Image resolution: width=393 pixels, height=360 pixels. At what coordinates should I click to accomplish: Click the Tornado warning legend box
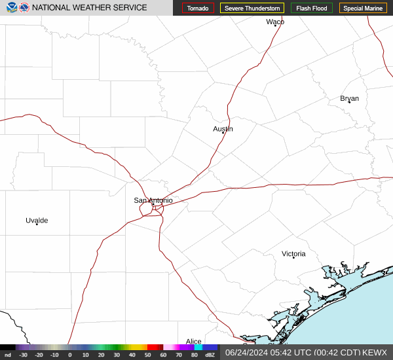(x=198, y=9)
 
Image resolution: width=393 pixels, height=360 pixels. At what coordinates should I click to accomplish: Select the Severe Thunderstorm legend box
(x=252, y=9)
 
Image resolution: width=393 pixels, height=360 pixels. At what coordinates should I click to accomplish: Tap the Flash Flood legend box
(x=311, y=9)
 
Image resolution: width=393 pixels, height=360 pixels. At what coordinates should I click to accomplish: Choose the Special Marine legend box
(x=363, y=9)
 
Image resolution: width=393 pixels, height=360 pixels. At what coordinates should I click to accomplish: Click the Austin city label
(x=223, y=129)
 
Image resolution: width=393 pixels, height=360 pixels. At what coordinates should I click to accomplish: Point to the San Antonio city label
(x=153, y=200)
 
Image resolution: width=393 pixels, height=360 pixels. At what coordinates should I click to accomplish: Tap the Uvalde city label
(x=37, y=221)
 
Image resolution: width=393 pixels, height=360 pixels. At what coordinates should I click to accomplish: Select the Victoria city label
(x=293, y=253)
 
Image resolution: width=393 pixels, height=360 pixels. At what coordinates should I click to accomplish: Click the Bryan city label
(x=349, y=98)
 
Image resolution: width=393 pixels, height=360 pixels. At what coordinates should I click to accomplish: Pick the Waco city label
(x=275, y=22)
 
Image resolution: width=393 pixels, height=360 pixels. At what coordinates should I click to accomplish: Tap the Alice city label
(x=193, y=342)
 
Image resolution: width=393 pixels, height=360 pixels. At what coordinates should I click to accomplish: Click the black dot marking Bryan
(x=349, y=102)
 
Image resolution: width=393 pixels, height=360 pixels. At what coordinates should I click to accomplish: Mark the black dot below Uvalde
(x=37, y=225)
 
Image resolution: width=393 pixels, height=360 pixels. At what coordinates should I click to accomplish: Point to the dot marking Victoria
(x=293, y=257)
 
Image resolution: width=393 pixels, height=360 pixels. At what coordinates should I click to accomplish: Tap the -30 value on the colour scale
(x=23, y=355)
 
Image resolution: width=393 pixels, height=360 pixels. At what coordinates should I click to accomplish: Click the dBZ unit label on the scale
(x=210, y=355)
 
